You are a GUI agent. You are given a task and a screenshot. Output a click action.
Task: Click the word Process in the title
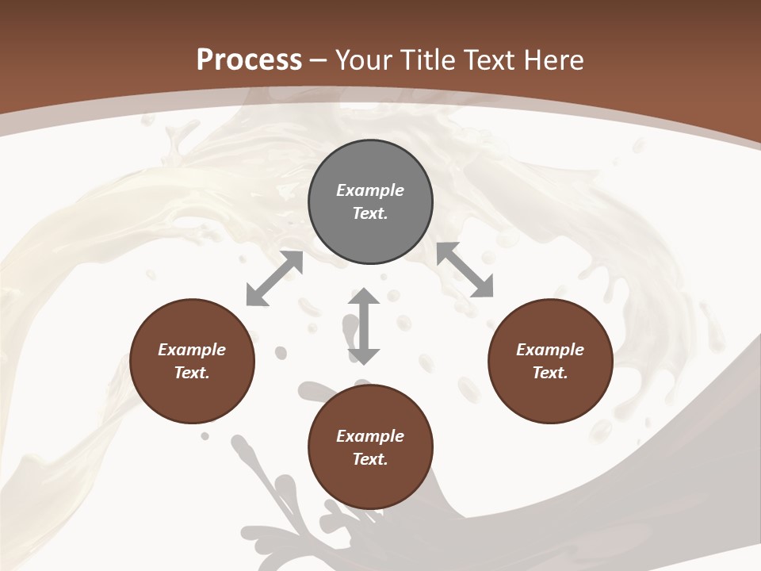(x=249, y=60)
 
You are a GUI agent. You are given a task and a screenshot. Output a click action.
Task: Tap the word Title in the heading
(x=426, y=60)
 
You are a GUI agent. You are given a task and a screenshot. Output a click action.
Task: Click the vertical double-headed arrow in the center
(x=364, y=326)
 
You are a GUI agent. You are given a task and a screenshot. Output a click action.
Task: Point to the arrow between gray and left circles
(x=274, y=278)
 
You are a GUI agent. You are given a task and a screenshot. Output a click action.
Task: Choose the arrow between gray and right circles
(x=465, y=270)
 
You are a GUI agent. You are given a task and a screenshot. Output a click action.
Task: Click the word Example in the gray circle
(x=370, y=190)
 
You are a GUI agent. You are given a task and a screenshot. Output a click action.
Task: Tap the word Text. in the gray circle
(x=370, y=213)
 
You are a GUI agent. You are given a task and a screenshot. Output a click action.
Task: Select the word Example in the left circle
(x=192, y=350)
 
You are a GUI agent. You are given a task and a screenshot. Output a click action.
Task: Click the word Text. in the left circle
(x=192, y=373)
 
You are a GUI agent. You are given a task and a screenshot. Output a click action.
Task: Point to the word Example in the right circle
(x=550, y=350)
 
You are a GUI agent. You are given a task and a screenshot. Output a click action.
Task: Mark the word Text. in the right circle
(x=550, y=373)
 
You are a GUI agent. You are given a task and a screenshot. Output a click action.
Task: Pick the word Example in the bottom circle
(x=370, y=436)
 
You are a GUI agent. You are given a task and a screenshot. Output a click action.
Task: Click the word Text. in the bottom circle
(x=370, y=459)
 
